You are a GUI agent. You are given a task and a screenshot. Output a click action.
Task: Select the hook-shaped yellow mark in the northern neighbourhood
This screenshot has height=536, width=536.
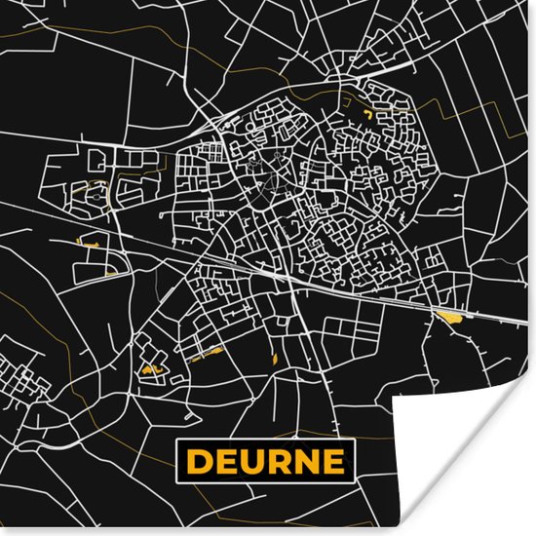click(366, 115)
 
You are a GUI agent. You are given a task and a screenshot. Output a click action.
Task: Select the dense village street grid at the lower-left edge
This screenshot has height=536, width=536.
click(14, 375)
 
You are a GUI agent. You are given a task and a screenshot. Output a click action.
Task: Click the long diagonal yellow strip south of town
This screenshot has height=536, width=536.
click(207, 354)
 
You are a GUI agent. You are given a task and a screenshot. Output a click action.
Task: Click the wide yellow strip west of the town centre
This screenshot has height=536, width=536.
click(89, 243)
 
